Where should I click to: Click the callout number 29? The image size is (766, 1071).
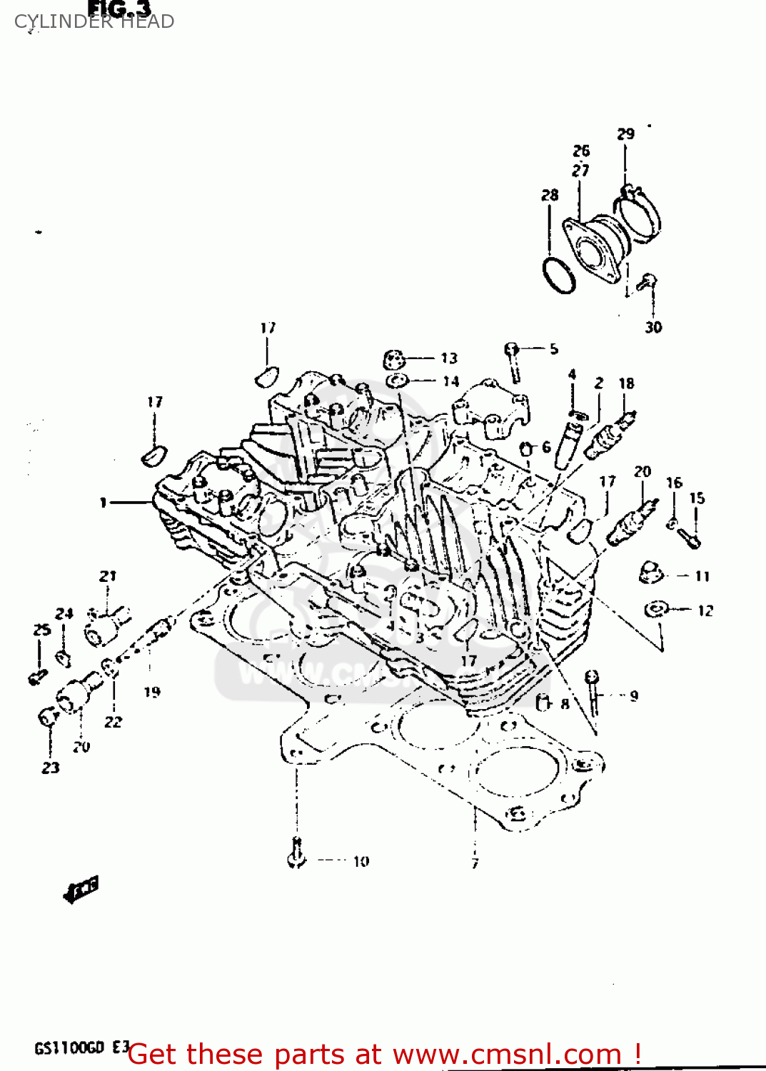[x=625, y=134]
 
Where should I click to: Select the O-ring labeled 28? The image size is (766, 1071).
[x=559, y=275]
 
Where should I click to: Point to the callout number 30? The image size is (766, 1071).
[x=653, y=327]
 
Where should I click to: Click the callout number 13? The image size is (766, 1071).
[x=448, y=358]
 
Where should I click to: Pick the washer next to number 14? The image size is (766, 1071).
[x=396, y=381]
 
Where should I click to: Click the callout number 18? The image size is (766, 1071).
[x=626, y=383]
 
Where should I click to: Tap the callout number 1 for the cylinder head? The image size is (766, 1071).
[x=104, y=503]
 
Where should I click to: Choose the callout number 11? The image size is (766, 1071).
[x=702, y=576]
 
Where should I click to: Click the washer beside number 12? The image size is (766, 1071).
[x=655, y=610]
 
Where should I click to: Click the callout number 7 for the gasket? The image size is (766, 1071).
[x=475, y=863]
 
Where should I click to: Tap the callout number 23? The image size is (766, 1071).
[x=51, y=768]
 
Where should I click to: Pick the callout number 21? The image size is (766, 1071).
[x=108, y=575]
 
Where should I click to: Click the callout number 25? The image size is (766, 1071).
[x=42, y=630]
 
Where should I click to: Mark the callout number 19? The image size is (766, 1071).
[x=152, y=691]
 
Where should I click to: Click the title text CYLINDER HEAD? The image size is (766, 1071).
[x=94, y=21]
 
